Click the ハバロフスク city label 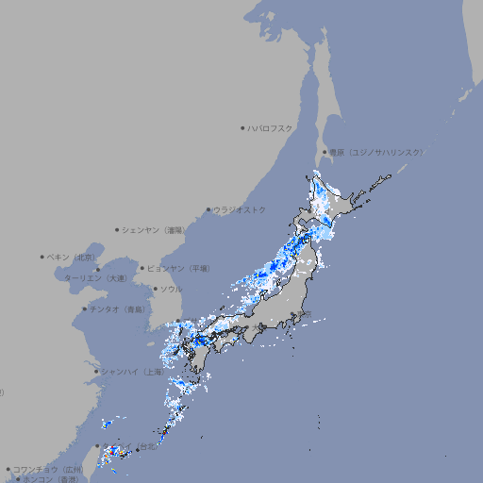coord(271,127)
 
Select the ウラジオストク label coord(240,209)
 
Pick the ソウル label coord(171,289)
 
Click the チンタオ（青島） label coord(118,308)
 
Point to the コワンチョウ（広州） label coord(47,469)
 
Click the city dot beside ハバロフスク coord(242,127)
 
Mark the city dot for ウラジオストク coord(208,209)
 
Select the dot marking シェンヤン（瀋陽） coord(117,229)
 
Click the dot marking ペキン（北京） coord(42,257)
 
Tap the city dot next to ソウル coord(155,289)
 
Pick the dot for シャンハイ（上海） coord(96,372)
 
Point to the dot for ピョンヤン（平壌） coord(142,268)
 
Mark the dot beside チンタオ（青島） coord(85,308)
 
